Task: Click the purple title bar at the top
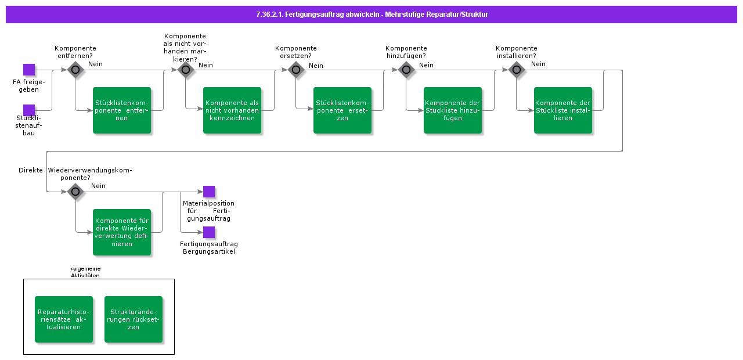click(x=371, y=15)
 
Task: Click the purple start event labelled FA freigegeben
click(x=29, y=70)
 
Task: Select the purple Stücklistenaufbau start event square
click(x=29, y=110)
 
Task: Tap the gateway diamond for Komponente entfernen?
click(x=75, y=70)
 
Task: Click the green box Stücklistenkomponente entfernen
click(x=122, y=110)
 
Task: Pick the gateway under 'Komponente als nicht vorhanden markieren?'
click(x=186, y=70)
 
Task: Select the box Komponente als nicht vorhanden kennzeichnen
click(x=232, y=110)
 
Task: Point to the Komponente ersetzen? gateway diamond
click(x=296, y=70)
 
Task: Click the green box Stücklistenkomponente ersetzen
click(x=342, y=110)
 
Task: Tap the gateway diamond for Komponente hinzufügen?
click(x=406, y=70)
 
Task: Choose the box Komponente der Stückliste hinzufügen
click(x=453, y=110)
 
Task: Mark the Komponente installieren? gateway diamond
click(x=517, y=70)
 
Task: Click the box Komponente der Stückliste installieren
click(x=563, y=110)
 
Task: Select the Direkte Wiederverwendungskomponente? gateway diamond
click(x=75, y=192)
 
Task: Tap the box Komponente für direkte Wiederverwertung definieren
click(x=122, y=232)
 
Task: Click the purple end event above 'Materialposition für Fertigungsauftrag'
click(x=209, y=192)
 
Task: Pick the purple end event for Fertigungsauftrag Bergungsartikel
click(x=209, y=232)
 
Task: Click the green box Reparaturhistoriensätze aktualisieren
click(x=64, y=319)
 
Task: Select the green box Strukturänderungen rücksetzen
click(x=134, y=319)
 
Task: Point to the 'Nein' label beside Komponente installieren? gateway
click(x=538, y=64)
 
